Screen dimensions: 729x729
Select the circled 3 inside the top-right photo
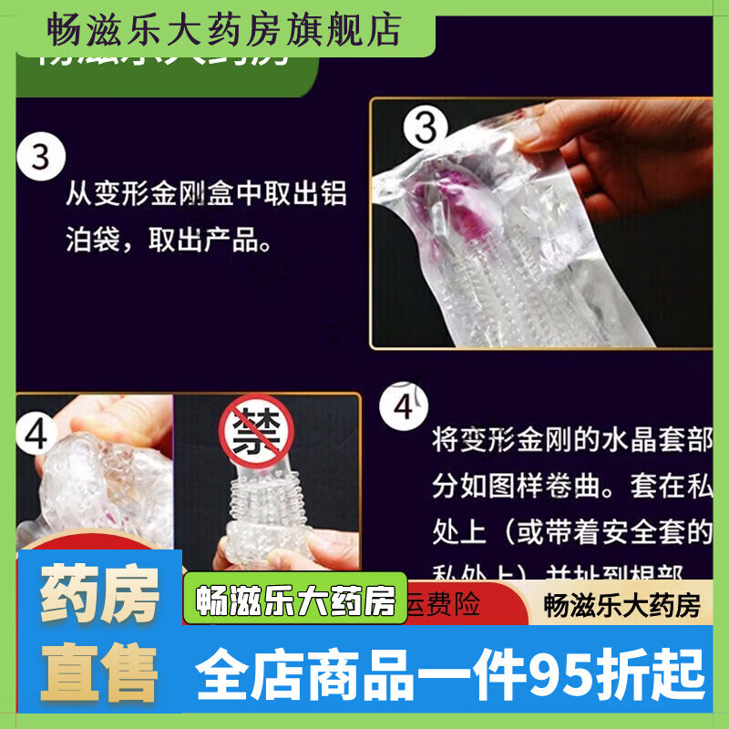[x=426, y=128]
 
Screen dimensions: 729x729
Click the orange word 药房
[x=100, y=596]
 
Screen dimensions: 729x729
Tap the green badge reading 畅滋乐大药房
[x=295, y=603]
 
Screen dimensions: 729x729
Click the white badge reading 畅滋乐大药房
[x=621, y=605]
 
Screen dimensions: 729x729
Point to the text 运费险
[x=447, y=605]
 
